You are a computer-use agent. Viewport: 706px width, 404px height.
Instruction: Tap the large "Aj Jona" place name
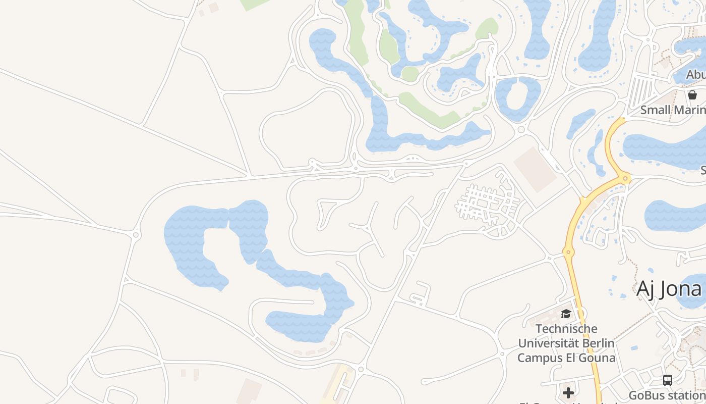[669, 289]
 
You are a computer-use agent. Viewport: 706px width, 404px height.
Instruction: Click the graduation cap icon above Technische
[566, 314]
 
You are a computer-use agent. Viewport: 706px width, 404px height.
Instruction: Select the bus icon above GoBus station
[668, 380]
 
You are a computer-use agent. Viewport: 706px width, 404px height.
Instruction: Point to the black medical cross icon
[568, 392]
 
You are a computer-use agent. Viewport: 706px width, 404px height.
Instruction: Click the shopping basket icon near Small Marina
[692, 94]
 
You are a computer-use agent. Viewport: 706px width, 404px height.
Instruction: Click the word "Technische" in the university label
[566, 329]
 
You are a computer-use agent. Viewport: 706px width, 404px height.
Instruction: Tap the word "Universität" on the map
[547, 343]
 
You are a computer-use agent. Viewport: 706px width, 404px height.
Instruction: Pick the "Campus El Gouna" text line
[566, 358]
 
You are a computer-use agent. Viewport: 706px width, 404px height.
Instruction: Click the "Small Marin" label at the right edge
[673, 110]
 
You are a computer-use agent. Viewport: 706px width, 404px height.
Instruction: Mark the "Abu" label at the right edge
[696, 75]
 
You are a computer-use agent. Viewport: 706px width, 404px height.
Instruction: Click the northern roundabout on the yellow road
[625, 178]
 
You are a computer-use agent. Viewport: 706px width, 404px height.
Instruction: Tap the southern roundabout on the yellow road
[568, 252]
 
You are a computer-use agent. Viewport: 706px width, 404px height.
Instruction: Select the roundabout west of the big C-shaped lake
[136, 235]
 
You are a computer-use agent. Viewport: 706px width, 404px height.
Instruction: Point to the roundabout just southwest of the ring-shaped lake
[521, 129]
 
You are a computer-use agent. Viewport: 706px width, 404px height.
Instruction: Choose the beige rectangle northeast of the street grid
[535, 169]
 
